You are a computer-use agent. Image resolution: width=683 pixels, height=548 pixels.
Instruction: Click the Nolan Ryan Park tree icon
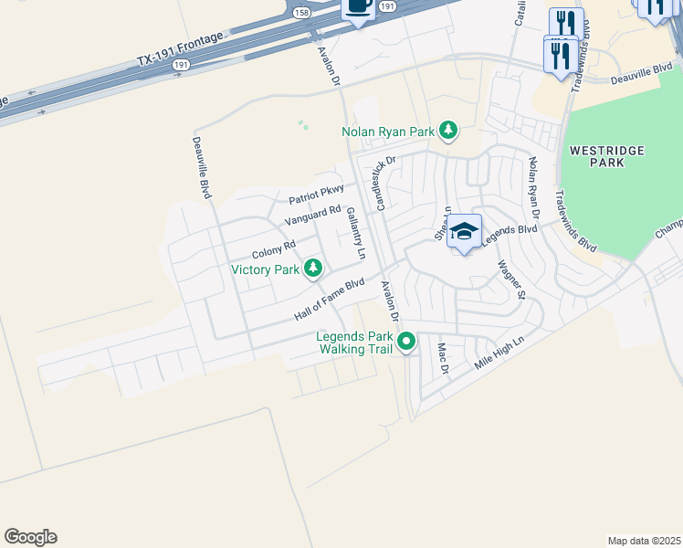coord(447,132)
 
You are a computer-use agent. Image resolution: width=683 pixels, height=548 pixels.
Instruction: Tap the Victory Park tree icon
coord(313,269)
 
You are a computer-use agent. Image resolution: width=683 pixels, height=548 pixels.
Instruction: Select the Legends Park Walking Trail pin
coord(406,342)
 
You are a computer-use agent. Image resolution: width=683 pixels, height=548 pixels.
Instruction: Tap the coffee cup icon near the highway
coord(358,7)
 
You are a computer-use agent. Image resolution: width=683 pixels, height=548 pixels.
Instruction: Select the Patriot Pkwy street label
coord(316,194)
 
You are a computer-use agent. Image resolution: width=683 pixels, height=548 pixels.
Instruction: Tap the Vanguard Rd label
coord(312,216)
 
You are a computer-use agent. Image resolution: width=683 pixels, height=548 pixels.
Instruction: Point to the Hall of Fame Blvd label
coord(329,299)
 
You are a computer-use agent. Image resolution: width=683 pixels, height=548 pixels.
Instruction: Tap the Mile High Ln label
coord(500,353)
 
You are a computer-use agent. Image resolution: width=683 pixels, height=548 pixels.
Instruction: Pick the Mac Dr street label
coord(444,358)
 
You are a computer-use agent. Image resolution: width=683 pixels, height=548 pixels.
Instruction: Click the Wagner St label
coord(511,279)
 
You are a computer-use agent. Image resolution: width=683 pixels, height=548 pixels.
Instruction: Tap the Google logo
coord(30,537)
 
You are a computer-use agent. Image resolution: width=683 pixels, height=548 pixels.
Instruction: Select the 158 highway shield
coord(302,11)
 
